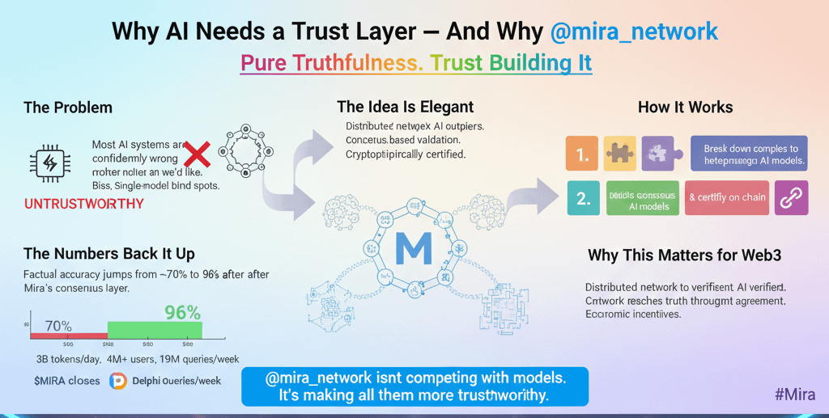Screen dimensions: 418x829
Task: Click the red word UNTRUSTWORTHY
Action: [84, 204]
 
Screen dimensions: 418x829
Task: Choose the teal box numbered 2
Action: [581, 198]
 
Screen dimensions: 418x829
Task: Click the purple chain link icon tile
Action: [791, 198]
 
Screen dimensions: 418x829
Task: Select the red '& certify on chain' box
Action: [726, 198]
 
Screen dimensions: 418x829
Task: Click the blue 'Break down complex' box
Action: [749, 153]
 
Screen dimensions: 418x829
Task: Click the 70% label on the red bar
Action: [59, 327]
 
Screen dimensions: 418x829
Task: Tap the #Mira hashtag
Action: [794, 395]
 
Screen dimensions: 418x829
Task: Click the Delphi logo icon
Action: [118, 381]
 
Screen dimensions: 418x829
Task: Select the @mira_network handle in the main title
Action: [634, 32]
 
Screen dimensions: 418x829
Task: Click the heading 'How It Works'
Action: [685, 108]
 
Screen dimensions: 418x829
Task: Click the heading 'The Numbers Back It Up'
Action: [108, 255]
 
